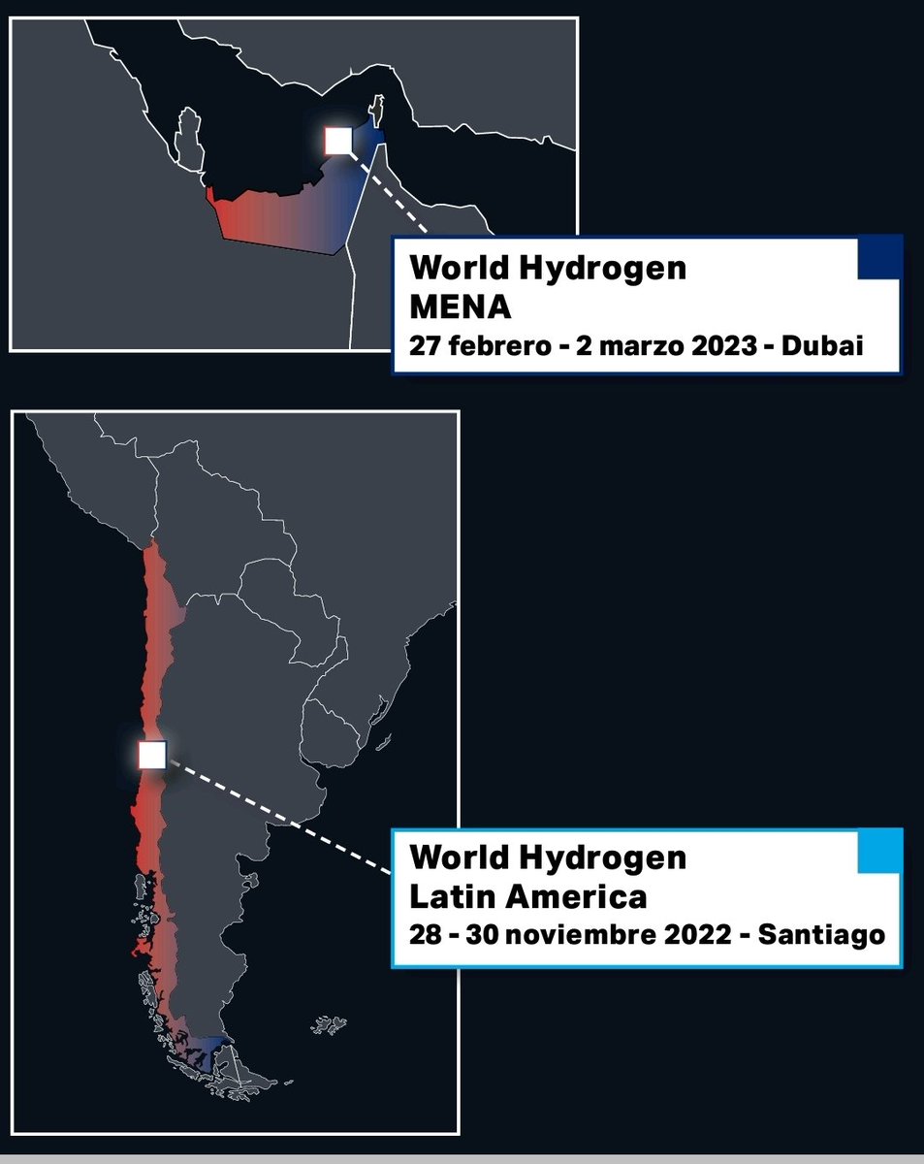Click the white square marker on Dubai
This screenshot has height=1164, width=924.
tap(337, 141)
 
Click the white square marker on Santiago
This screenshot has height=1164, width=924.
tap(152, 754)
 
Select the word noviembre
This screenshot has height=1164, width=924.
tap(576, 936)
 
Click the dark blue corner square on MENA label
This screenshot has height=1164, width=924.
tap(879, 257)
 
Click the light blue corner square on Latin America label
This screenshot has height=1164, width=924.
tap(879, 851)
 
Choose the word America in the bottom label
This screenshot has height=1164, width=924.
tap(572, 896)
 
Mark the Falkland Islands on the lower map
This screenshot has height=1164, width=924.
tap(330, 1024)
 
